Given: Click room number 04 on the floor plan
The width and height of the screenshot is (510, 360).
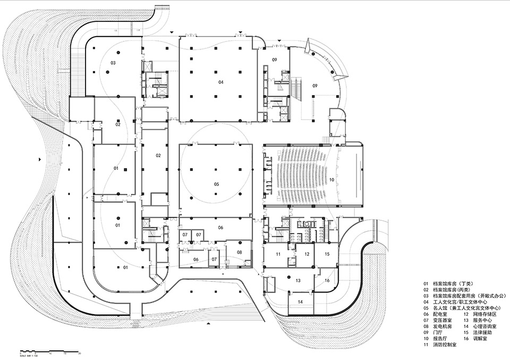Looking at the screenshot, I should coord(220,82).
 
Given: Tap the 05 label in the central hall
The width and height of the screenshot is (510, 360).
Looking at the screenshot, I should coord(216,184).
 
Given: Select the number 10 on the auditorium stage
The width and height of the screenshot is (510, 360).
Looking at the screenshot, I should coord(331,181).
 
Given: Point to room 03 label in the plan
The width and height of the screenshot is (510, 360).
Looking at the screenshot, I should coord(113,63).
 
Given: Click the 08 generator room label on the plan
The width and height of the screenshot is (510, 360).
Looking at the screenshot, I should coord(239,252).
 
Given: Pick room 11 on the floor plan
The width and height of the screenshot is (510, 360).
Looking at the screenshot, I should coord(278,254).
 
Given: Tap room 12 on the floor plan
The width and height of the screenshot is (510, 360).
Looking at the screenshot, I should coord(307,254).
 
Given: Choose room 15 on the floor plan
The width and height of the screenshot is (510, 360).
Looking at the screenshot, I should coord(327,254).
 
